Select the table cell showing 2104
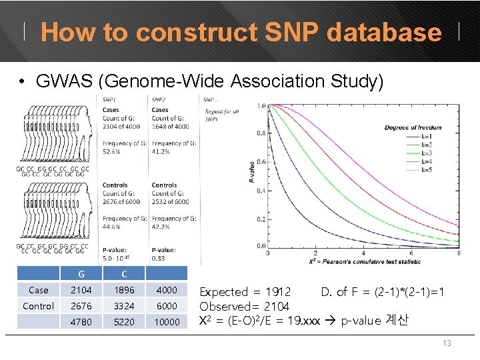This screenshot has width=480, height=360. click(81, 290)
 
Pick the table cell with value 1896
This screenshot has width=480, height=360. click(123, 290)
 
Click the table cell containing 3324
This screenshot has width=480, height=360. click(123, 306)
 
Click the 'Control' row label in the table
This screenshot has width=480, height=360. click(39, 306)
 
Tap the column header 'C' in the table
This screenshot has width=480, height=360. click(123, 274)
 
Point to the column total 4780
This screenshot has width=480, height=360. click(81, 322)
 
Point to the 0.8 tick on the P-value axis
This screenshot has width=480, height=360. click(261, 133)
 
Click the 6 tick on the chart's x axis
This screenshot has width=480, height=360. click(411, 253)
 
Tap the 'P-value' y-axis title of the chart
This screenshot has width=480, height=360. click(251, 170)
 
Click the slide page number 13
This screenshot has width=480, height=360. click(447, 343)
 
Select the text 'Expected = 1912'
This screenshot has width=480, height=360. click(245, 292)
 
